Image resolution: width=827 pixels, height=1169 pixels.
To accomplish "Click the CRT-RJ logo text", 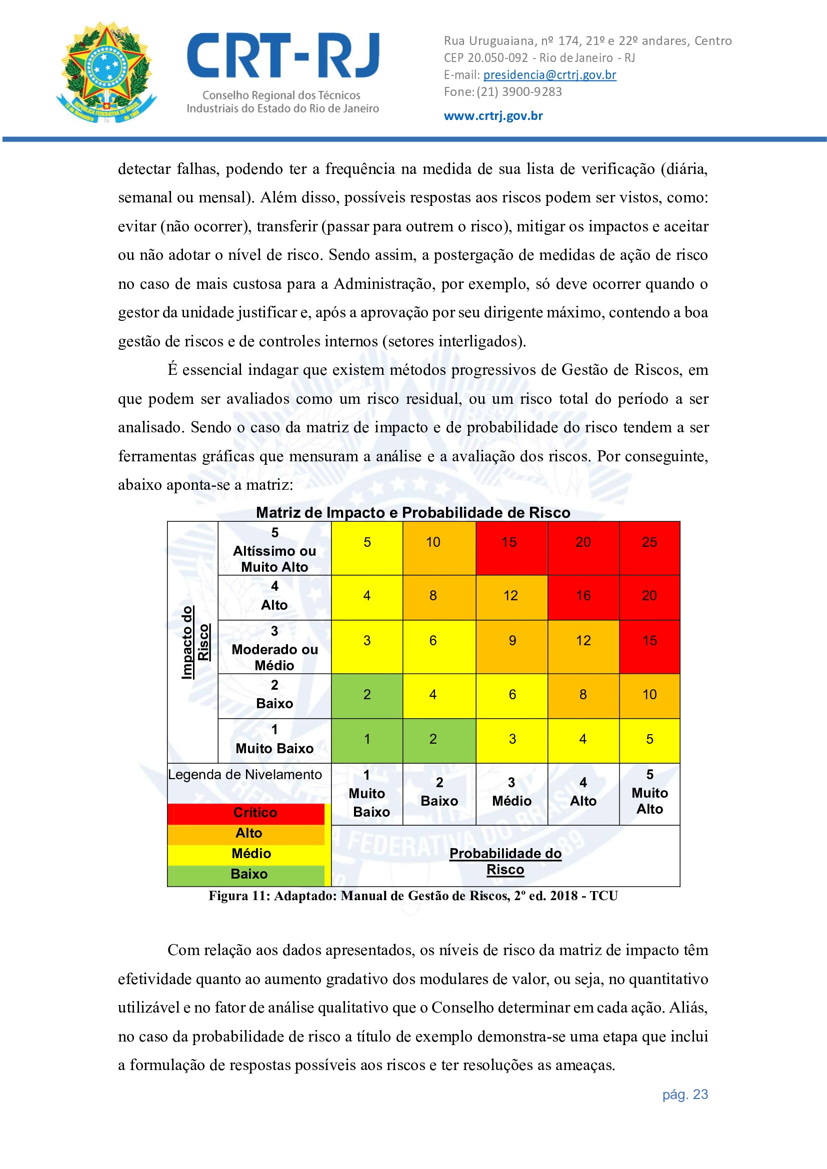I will [x=283, y=56].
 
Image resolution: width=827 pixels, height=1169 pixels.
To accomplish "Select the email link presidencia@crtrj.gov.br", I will [x=549, y=75].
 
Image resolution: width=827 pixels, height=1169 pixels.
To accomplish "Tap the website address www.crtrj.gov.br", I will [x=493, y=116].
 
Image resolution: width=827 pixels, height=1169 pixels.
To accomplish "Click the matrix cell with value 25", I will [x=649, y=543].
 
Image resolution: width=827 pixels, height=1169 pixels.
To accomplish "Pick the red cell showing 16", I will [x=583, y=596].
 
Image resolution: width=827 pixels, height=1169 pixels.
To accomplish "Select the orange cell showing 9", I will [x=512, y=641].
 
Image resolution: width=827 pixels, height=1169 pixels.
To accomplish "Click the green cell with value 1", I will [x=366, y=739].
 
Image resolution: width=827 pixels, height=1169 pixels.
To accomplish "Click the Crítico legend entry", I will [x=254, y=813].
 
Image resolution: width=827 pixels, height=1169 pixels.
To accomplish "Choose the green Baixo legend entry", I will [x=248, y=874].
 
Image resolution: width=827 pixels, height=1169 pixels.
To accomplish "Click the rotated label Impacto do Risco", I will [x=195, y=642].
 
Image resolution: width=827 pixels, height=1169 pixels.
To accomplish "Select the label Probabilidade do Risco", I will [x=505, y=862].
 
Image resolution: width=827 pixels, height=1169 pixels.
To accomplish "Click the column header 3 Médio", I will [x=512, y=792].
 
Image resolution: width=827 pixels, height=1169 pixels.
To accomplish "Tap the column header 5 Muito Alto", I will [x=649, y=792].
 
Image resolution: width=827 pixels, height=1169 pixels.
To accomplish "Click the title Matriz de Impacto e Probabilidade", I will [x=412, y=513].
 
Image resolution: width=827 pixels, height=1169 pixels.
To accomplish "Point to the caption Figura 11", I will [x=413, y=896].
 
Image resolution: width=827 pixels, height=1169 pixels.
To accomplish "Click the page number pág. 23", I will [x=685, y=1095].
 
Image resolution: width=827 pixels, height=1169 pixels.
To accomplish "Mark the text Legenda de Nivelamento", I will [x=245, y=775].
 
